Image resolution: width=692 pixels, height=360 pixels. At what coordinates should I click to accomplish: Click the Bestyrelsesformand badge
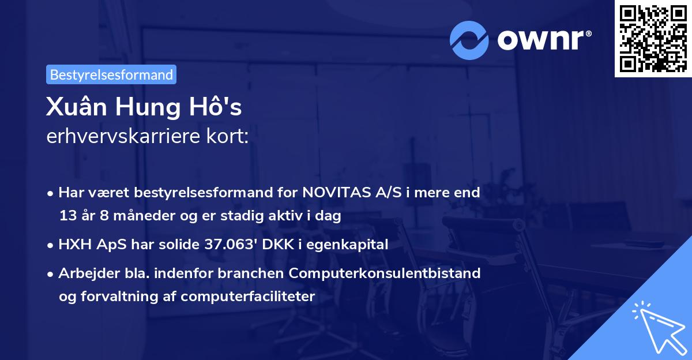point(111,75)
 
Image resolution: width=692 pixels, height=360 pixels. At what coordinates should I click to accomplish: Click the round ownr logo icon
point(469,39)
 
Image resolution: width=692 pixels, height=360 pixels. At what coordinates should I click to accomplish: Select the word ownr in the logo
point(542,39)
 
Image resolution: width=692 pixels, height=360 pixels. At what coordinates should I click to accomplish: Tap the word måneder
point(136,216)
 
